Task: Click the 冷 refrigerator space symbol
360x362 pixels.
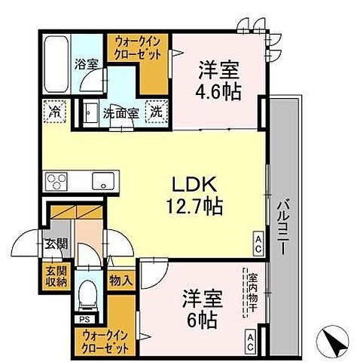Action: (x=56, y=110)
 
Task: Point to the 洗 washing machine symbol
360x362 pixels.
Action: (x=154, y=110)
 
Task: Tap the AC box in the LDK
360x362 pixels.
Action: (x=257, y=242)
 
